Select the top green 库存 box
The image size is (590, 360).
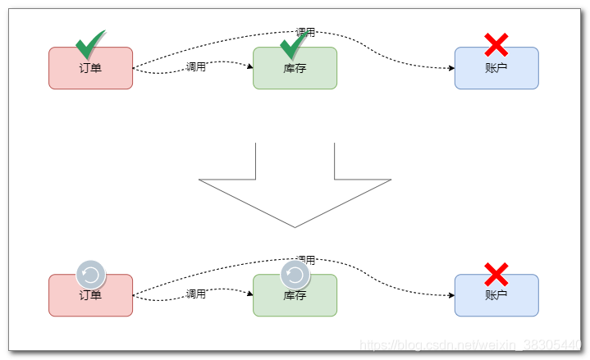295,74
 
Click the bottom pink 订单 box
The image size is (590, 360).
90,299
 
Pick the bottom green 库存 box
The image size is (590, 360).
295,299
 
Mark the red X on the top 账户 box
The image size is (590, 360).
496,44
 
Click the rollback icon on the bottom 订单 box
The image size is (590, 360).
90,274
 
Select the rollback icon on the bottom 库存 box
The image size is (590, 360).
295,274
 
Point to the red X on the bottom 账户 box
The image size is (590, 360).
496,274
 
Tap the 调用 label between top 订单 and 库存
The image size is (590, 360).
195,66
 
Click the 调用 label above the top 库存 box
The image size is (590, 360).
305,32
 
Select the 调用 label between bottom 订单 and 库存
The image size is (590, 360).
195,294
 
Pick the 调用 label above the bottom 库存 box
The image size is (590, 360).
305,260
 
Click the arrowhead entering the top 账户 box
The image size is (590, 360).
451,68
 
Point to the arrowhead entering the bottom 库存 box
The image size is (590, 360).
249,294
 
